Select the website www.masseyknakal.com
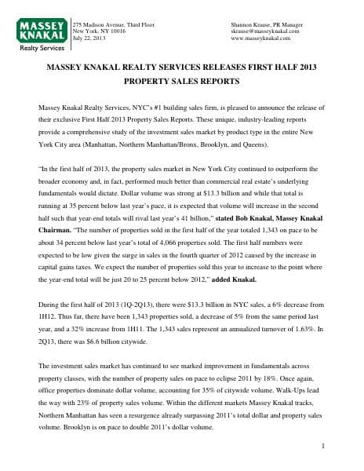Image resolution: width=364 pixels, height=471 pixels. click(x=261, y=38)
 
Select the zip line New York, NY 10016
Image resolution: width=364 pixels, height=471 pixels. click(x=98, y=31)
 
